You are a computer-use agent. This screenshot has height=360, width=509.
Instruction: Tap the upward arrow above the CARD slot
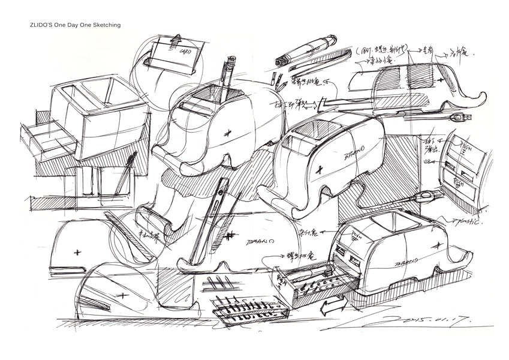tap(176, 38)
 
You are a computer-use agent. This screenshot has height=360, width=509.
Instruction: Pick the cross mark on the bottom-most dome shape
tap(124, 295)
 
